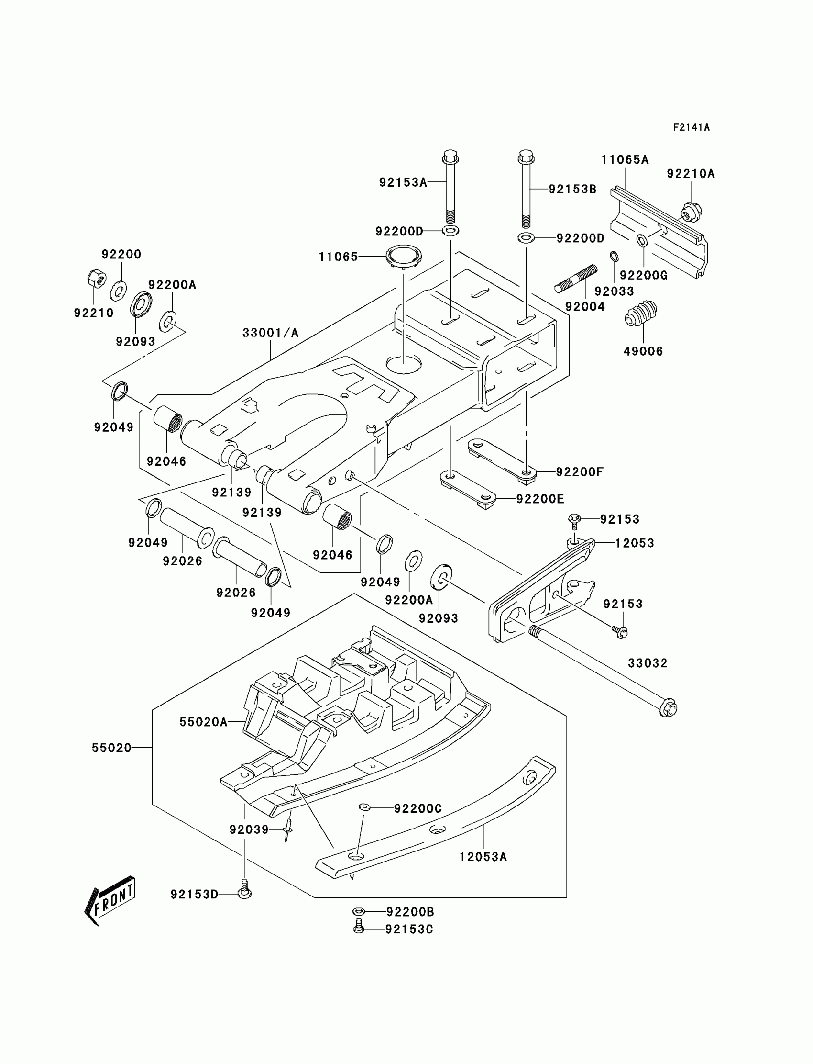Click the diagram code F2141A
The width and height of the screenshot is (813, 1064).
pyautogui.click(x=691, y=127)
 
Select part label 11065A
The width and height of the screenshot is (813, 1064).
pyautogui.click(x=625, y=160)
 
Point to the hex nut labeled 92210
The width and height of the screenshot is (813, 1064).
pyautogui.click(x=96, y=279)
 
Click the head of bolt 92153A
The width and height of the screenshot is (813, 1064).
pyautogui.click(x=450, y=157)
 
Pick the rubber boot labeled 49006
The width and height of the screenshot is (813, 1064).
pyautogui.click(x=641, y=314)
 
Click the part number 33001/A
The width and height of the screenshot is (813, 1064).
pyautogui.click(x=271, y=333)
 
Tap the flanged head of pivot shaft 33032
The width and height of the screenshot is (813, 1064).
pyautogui.click(x=669, y=708)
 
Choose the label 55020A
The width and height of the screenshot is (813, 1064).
pyautogui.click(x=203, y=722)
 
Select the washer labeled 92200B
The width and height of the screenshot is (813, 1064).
pyautogui.click(x=358, y=911)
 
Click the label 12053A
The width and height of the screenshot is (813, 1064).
pyautogui.click(x=483, y=857)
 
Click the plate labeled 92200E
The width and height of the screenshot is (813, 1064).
pyautogui.click(x=468, y=489)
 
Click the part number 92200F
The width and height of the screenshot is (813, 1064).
pyautogui.click(x=579, y=472)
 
